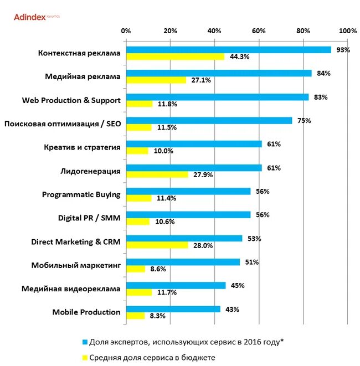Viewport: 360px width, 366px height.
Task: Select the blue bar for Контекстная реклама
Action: [228, 50]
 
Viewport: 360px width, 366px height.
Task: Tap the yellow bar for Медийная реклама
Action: [156, 80]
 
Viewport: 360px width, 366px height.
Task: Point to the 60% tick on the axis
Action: [259, 30]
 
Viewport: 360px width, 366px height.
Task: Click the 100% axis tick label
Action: [347, 30]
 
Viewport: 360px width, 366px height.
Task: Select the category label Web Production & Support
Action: [71, 100]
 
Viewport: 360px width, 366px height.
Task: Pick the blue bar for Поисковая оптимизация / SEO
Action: [209, 120]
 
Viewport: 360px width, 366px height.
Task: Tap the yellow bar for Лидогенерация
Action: [157, 174]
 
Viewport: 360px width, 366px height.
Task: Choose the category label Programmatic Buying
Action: [81, 194]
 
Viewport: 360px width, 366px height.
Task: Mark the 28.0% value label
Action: [202, 245]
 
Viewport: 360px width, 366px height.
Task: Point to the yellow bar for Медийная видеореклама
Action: [139, 292]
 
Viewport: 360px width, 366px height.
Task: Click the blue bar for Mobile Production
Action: [173, 309]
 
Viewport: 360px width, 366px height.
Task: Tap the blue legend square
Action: [85, 342]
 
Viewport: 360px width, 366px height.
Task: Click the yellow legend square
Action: [85, 357]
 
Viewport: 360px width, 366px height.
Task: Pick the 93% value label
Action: [343, 50]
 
